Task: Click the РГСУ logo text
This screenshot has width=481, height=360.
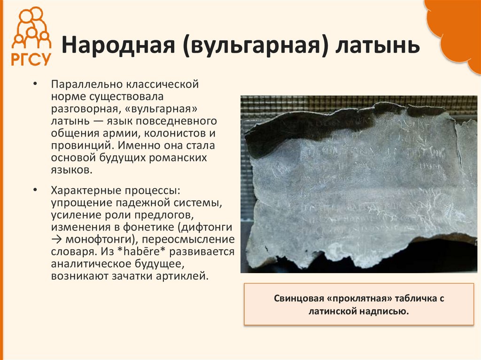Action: click(31, 58)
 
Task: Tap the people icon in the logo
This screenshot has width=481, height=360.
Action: click(31, 28)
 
